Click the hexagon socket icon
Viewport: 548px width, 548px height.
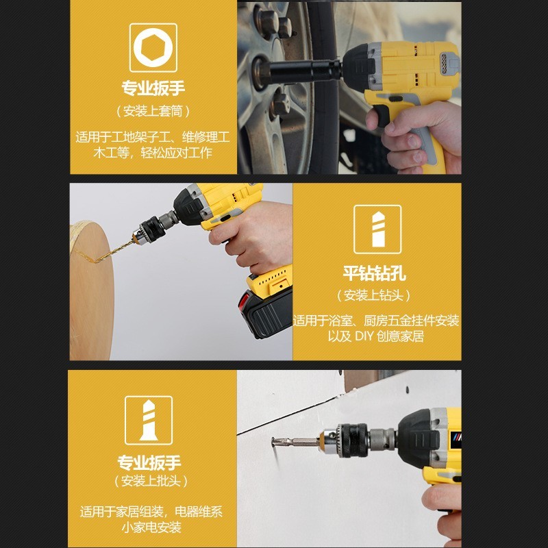click(153, 47)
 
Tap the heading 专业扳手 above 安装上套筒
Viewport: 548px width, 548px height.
click(153, 88)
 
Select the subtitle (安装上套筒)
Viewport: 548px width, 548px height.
click(153, 110)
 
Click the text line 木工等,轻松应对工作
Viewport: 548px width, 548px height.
click(153, 153)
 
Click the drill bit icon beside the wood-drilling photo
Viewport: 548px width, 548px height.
click(377, 229)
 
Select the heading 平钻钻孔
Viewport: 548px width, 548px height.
click(375, 274)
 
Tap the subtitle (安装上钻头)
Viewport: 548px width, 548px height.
click(375, 295)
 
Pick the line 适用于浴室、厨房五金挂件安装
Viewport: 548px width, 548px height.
click(376, 321)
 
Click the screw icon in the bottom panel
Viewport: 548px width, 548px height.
click(148, 419)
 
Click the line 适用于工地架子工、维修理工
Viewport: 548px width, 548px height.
click(153, 137)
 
